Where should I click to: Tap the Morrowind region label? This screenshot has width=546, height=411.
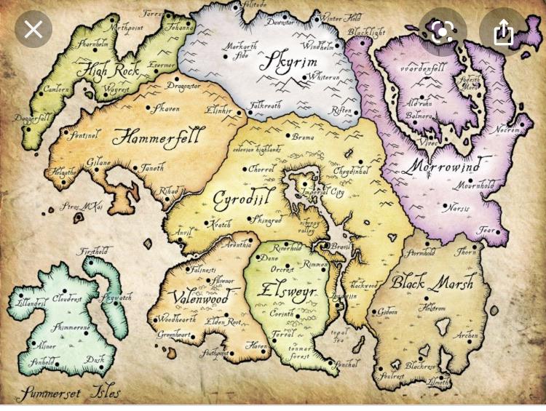coord(445,165)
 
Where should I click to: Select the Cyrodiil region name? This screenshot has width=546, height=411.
coord(239,198)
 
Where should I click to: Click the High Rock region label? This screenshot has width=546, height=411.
coord(107,72)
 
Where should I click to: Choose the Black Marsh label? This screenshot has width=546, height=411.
coord(432,282)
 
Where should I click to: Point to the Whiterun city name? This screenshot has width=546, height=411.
coord(324,76)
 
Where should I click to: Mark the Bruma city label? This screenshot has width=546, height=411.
coord(303,136)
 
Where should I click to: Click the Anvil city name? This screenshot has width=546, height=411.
coord(182,233)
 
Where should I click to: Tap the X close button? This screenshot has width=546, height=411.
coord(33,30)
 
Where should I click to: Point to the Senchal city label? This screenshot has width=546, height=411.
coord(345,364)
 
